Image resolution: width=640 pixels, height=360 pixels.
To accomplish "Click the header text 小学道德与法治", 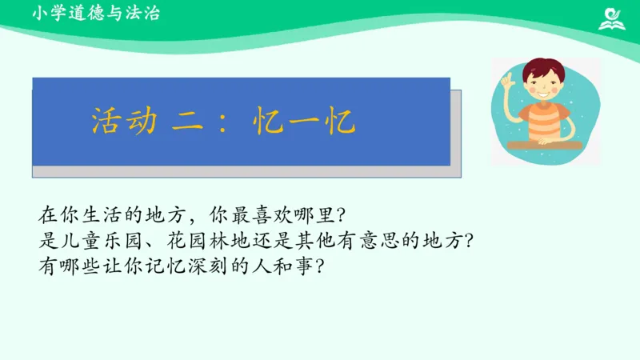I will click(x=96, y=13).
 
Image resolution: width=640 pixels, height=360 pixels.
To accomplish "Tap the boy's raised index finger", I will click(x=506, y=78).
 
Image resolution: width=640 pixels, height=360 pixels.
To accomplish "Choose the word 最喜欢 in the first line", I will click(x=260, y=215).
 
